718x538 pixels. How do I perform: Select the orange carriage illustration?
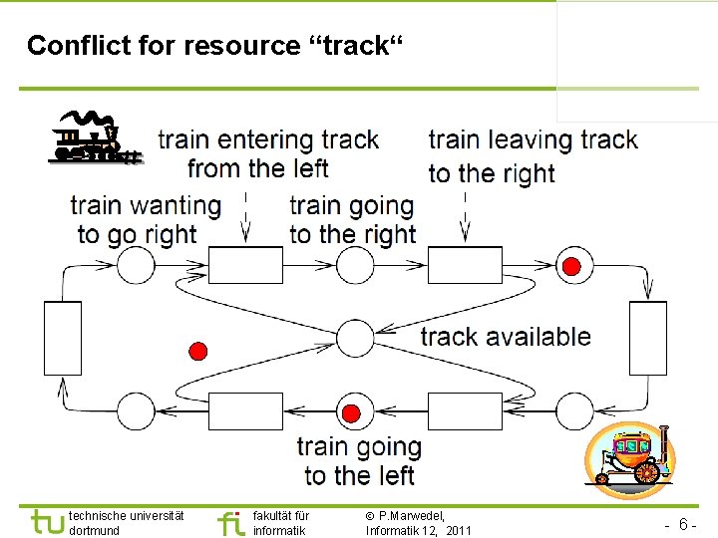(630, 460)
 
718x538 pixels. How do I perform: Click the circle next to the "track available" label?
(355, 337)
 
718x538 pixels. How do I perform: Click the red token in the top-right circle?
(572, 266)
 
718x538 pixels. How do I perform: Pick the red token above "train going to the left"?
(351, 413)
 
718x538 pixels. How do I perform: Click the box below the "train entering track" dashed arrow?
(245, 266)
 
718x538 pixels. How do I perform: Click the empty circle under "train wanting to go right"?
(136, 266)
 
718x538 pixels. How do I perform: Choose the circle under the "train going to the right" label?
(355, 266)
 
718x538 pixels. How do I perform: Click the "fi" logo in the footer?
(229, 522)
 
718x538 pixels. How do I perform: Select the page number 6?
(683, 524)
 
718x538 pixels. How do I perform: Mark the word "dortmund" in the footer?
(95, 531)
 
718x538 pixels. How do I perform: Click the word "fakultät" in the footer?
(272, 516)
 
